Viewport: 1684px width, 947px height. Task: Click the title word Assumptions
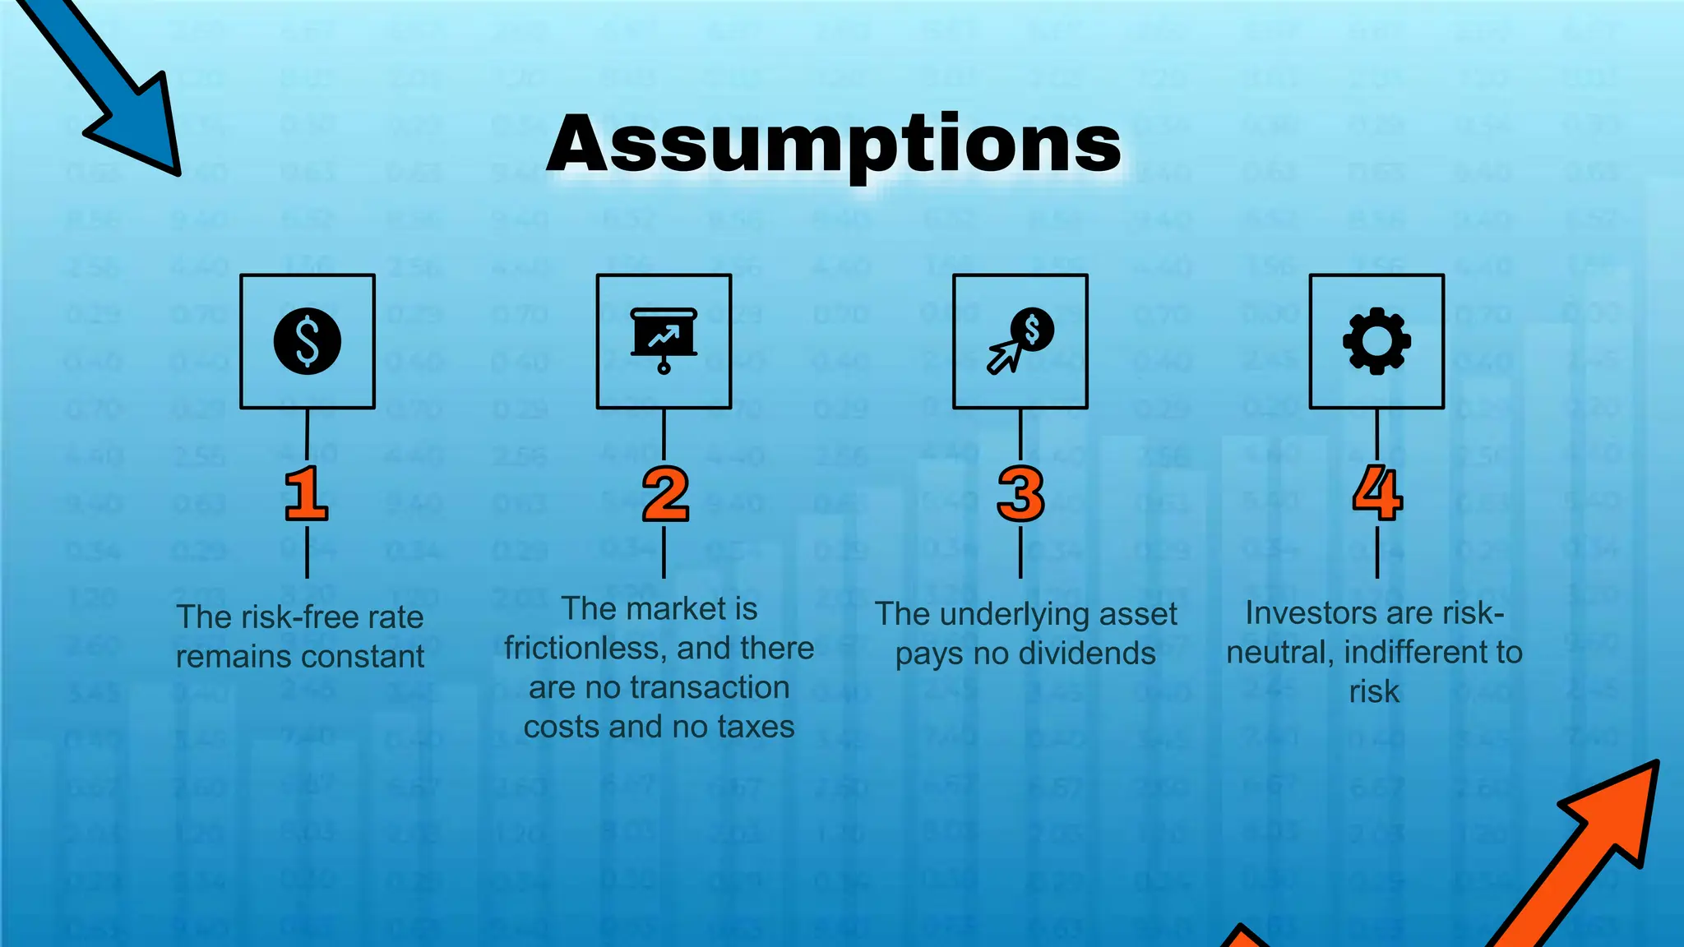click(x=834, y=145)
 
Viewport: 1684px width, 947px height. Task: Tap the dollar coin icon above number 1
click(x=308, y=341)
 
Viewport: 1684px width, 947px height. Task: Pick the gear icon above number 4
click(x=1376, y=341)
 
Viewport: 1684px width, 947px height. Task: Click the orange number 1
click(x=306, y=494)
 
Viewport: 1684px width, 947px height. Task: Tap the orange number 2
click(x=664, y=494)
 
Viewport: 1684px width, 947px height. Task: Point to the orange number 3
click(x=1020, y=494)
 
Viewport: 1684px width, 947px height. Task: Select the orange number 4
click(x=1377, y=493)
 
